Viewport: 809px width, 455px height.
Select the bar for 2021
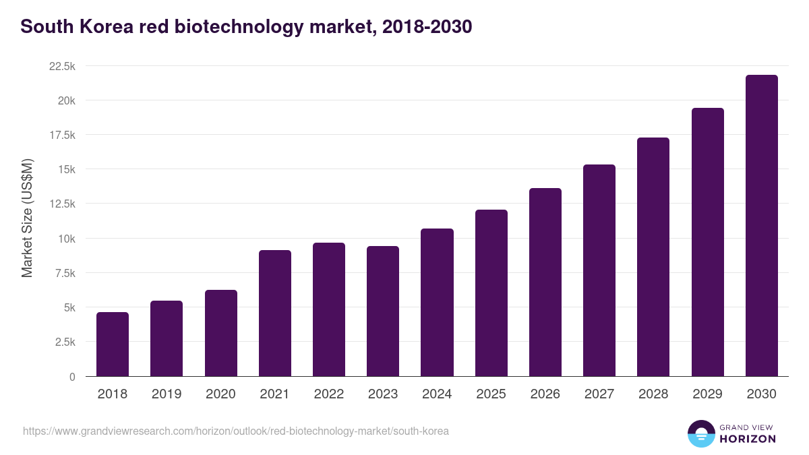(275, 313)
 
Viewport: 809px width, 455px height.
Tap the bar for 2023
(383, 311)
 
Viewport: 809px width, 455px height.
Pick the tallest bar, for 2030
(761, 225)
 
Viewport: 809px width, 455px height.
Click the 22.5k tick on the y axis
(62, 66)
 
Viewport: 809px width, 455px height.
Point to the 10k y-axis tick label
(65, 239)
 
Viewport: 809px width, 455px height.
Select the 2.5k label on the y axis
(65, 342)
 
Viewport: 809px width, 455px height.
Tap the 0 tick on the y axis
(71, 377)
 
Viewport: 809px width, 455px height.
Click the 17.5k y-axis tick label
(62, 135)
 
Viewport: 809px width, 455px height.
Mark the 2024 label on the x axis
(437, 394)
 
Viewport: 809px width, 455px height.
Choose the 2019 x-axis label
(167, 394)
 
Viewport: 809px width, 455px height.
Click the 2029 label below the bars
(707, 394)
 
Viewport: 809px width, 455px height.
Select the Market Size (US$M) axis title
(27, 218)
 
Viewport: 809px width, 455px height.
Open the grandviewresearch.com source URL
(235, 431)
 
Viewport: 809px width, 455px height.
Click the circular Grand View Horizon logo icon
(700, 433)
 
